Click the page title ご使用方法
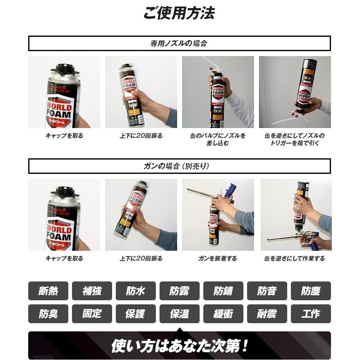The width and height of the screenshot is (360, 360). coord(179,13)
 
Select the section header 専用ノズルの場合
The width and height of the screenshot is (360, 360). coord(179,43)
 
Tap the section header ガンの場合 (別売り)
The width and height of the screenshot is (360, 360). coord(179,166)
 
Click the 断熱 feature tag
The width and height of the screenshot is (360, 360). coord(48,291)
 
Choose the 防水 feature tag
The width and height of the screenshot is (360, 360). coord(136,291)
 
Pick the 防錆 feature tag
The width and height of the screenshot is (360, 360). coord(223,291)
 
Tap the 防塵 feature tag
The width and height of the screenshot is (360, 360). coord(310,291)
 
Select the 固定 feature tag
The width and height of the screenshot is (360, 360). coord(92,314)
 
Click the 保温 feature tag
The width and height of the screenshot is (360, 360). coord(180,314)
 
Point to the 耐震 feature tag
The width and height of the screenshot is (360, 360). coord(267,314)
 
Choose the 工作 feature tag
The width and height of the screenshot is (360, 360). coord(310,314)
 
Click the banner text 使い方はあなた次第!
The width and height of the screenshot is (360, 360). coord(179,346)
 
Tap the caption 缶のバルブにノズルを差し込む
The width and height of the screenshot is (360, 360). coord(218,139)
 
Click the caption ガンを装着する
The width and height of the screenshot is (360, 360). coord(218,259)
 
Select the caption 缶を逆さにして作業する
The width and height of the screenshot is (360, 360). coord(295,259)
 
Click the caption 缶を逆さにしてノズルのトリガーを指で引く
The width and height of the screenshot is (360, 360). coord(295,139)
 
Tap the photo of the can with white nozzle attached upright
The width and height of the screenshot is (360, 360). coord(218,92)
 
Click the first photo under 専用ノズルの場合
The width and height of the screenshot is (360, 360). coord(64,92)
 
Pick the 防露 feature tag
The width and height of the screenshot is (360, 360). coord(180,291)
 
